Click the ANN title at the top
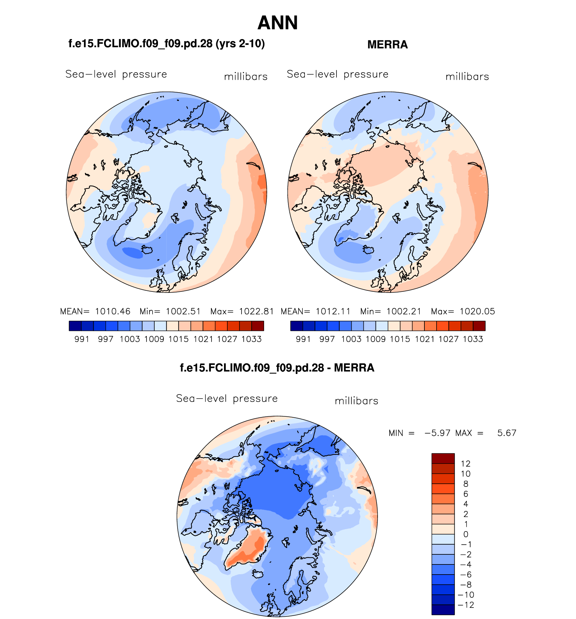278,23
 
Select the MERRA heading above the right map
387,44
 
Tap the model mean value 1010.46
113,311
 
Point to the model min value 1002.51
183,311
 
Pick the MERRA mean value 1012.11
333,311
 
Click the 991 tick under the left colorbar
82,339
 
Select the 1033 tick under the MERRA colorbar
473,339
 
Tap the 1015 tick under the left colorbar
179,339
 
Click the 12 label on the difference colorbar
466,463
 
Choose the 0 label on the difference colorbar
466,534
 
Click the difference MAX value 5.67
507,433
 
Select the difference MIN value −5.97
437,433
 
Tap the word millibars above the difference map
356,401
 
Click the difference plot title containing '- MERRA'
277,368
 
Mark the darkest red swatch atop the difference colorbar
443,458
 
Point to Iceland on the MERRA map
368,250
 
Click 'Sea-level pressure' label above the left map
116,74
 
